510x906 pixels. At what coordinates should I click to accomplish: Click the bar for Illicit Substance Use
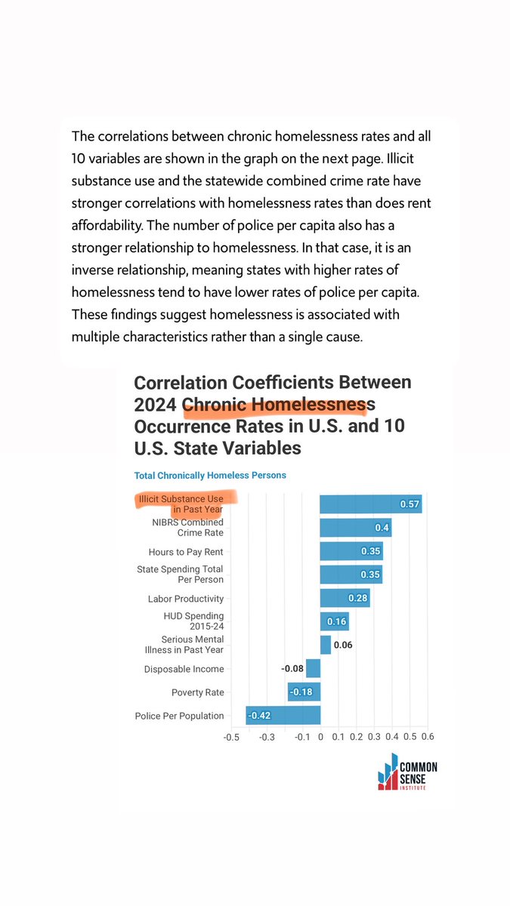(370, 504)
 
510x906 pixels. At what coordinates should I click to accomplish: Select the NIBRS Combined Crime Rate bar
(355, 527)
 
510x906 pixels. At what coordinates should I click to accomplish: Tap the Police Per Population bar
(283, 715)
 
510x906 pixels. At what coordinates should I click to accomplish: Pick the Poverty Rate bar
(304, 692)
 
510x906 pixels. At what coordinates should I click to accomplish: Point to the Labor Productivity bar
(345, 598)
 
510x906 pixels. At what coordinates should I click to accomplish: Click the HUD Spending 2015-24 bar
(334, 621)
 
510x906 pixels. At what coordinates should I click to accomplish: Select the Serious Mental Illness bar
(326, 645)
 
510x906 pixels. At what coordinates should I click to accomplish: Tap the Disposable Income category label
(184, 669)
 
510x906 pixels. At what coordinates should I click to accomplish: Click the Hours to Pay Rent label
(186, 552)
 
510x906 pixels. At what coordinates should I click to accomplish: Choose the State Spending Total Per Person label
(180, 574)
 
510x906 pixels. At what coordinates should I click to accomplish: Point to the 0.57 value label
(410, 504)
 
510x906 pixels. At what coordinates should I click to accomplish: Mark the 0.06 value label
(343, 645)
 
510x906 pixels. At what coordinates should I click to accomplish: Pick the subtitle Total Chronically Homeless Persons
(210, 475)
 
